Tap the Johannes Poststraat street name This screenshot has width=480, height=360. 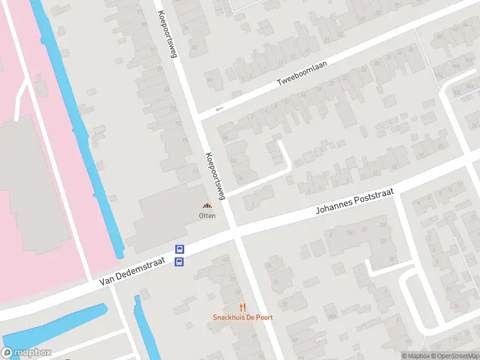click(x=355, y=202)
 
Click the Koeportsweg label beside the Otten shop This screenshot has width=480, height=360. click(x=214, y=175)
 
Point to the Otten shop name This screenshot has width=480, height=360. click(x=208, y=215)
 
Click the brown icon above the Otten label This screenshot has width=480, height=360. click(x=208, y=206)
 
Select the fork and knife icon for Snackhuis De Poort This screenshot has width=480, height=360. click(x=242, y=307)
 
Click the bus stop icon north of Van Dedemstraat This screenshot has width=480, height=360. click(x=179, y=250)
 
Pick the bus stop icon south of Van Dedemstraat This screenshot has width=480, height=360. click(x=179, y=262)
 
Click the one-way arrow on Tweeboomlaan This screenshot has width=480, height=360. click(x=220, y=109)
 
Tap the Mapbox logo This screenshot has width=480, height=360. click(x=25, y=353)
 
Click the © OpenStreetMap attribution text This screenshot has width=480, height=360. click(x=455, y=356)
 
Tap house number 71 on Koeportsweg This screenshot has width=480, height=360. click(x=194, y=172)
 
